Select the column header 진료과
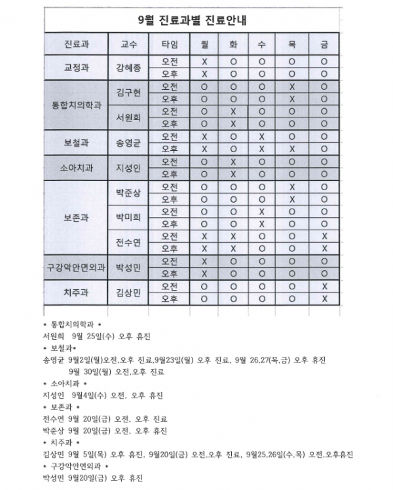(76, 45)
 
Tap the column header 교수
(128, 45)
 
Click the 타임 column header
(169, 45)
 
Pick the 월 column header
(204, 45)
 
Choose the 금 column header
(324, 45)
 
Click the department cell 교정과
(76, 68)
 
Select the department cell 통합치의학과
(76, 105)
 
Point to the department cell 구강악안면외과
(76, 267)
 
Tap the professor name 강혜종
(128, 68)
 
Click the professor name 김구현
(128, 92)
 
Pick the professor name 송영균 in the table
(128, 142)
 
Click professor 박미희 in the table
(128, 217)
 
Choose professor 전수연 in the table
(128, 242)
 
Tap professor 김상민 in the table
(128, 292)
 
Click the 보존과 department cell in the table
(76, 217)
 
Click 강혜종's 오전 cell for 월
(204, 62)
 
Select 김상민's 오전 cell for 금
(324, 286)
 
